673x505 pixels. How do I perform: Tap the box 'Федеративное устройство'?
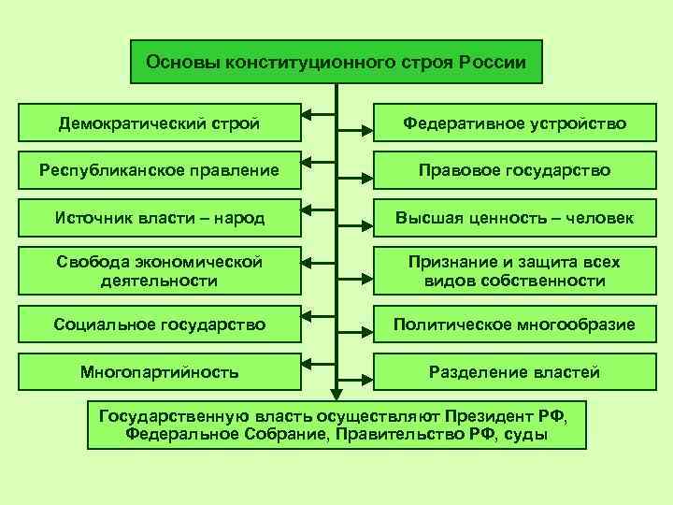click(514, 123)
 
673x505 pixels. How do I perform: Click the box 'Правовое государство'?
click(514, 170)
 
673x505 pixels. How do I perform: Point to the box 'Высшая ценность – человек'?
click(514, 218)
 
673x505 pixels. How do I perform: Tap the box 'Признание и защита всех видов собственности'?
click(514, 270)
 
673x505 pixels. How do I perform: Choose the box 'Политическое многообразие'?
click(514, 325)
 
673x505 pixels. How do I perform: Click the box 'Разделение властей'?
click(514, 372)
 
